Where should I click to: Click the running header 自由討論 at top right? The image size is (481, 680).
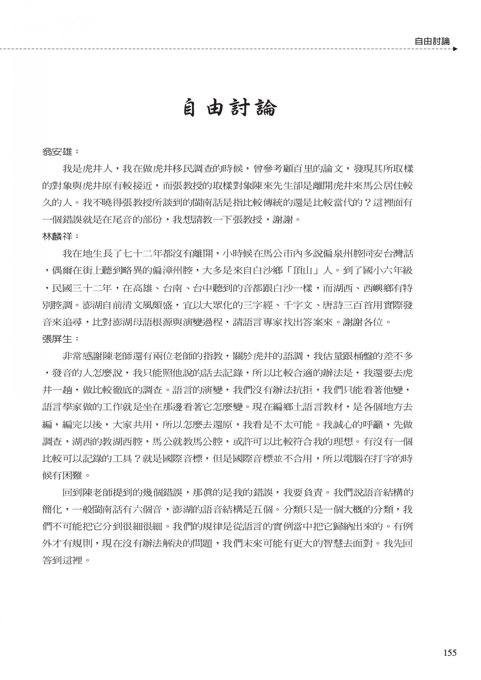click(432, 41)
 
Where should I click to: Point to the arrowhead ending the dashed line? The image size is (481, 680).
click(456, 49)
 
